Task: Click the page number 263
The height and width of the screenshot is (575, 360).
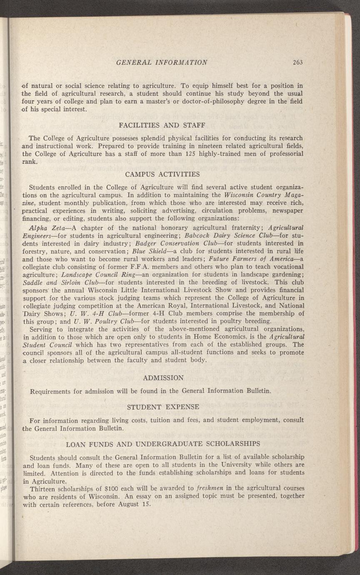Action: [297, 62]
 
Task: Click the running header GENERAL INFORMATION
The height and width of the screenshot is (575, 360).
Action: [162, 62]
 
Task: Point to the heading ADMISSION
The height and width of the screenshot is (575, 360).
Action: [163, 378]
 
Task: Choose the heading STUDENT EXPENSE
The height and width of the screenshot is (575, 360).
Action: [163, 406]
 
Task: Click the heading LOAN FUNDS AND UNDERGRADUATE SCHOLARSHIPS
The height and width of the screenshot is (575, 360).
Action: [163, 443]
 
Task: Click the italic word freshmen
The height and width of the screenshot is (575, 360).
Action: [206, 488]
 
